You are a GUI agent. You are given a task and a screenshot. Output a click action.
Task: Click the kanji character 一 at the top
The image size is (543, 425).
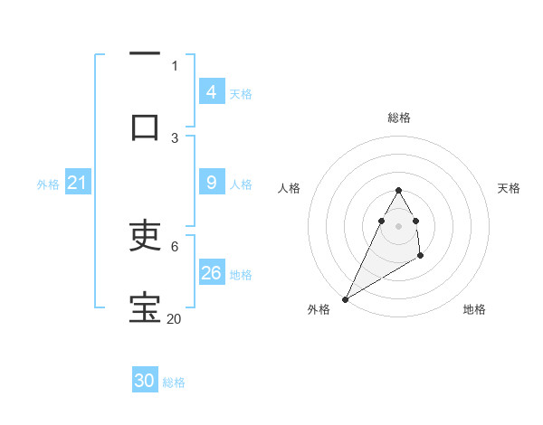pyautogui.click(x=145, y=54)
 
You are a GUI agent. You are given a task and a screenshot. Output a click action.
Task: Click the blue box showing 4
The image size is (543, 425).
pyautogui.click(x=211, y=91)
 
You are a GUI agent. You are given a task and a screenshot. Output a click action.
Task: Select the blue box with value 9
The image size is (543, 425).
pyautogui.click(x=211, y=183)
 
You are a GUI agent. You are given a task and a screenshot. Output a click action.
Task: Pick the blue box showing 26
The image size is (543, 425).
pyautogui.click(x=211, y=273)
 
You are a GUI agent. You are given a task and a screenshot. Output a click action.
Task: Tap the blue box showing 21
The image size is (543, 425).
pyautogui.click(x=77, y=183)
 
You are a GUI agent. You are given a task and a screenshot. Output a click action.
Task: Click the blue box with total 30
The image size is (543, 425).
pyautogui.click(x=145, y=381)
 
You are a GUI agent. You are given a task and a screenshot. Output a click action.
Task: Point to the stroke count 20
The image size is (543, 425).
pyautogui.click(x=174, y=318)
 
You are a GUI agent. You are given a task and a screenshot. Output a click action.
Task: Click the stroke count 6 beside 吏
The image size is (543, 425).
pyautogui.click(x=174, y=246)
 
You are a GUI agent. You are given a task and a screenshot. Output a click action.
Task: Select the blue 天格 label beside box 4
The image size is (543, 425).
pyautogui.click(x=241, y=93)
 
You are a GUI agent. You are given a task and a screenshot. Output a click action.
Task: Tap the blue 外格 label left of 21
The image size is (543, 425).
pyautogui.click(x=48, y=184)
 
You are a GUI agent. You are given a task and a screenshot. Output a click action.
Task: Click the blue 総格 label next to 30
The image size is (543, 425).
pyautogui.click(x=174, y=382)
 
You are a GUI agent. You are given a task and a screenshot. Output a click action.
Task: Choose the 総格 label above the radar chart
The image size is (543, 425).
pyautogui.click(x=399, y=118)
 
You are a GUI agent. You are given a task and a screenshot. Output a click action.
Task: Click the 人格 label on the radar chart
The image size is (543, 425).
pyautogui.click(x=290, y=188)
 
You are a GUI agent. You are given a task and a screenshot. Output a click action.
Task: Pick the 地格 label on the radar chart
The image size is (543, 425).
pyautogui.click(x=474, y=309)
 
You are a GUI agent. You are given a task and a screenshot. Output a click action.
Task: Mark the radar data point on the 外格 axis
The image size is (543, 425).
pyautogui.click(x=345, y=298)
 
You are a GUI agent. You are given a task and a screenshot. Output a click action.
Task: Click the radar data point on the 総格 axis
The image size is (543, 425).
pyautogui.click(x=399, y=191)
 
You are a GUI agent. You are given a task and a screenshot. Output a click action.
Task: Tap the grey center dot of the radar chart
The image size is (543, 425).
pyautogui.click(x=399, y=225)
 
